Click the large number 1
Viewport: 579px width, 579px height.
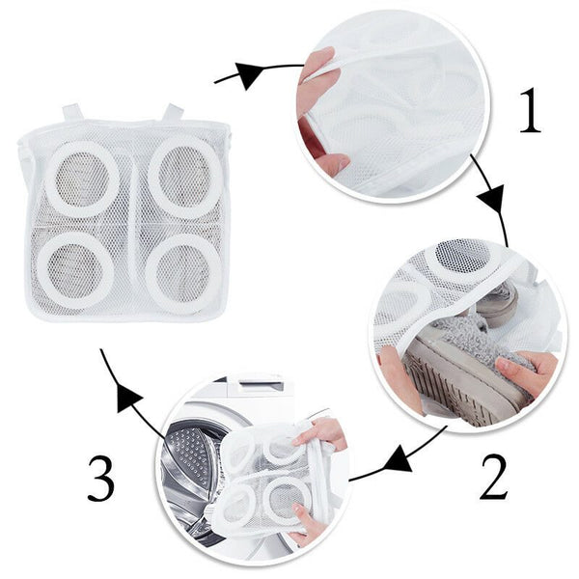pos(531,110)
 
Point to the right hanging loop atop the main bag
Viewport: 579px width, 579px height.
pos(173,112)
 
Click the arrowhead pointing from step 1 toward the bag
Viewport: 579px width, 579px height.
pos(247,74)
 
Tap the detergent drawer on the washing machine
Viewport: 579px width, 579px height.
pos(259,385)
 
